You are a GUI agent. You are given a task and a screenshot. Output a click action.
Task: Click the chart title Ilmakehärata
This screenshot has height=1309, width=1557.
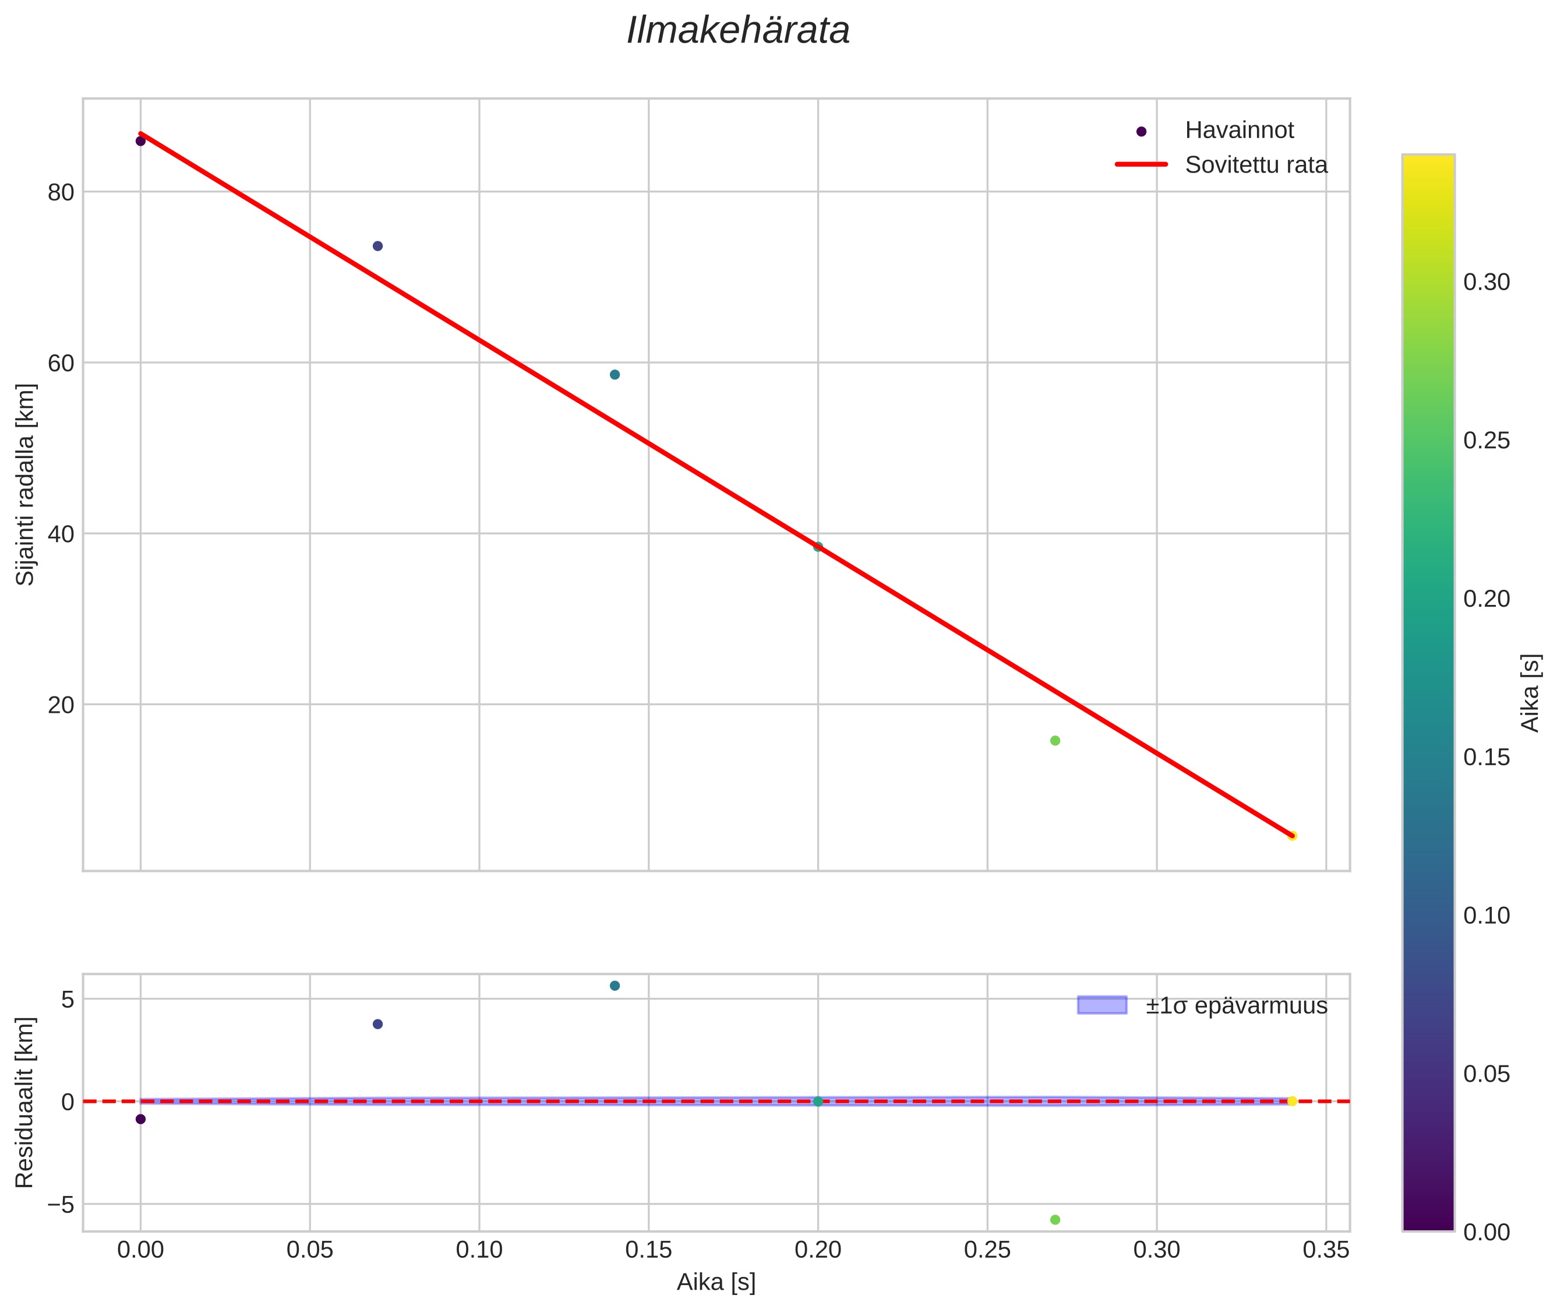737,31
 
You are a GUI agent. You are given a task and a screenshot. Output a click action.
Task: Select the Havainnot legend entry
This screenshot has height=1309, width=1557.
1239,131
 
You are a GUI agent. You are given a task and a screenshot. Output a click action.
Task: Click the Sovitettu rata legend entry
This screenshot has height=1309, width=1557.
1256,165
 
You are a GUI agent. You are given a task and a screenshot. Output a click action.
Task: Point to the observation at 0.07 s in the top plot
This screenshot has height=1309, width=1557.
377,247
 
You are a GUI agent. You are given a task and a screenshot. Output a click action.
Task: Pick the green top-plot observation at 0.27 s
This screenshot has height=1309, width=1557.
1055,741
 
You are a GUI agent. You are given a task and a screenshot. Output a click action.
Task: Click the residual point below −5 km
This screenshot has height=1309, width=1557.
1055,1220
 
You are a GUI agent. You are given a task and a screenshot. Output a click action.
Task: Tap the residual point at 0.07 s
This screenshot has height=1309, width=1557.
377,1024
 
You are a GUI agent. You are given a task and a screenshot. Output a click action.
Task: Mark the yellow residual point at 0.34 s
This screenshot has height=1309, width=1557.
1292,1101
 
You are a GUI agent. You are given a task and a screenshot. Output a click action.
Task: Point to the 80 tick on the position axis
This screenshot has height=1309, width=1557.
61,193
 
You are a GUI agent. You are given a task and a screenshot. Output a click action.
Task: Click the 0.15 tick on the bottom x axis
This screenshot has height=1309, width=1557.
648,1250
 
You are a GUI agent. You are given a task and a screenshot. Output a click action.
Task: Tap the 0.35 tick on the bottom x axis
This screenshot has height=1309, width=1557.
1326,1250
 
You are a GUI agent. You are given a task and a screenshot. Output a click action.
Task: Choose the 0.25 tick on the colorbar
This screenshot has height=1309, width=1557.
1487,441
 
